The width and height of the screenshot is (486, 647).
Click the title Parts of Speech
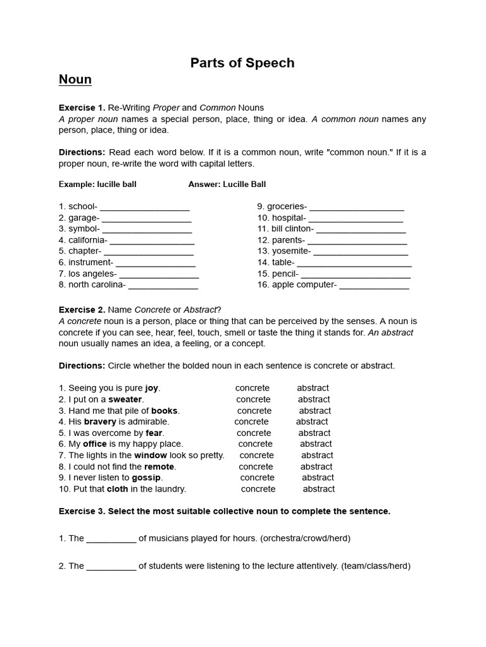click(x=242, y=63)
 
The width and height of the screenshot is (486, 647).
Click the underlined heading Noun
click(x=75, y=80)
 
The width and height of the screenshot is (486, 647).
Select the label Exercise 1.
click(x=82, y=107)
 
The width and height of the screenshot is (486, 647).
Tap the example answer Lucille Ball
click(x=244, y=184)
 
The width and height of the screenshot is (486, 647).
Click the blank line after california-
click(x=152, y=240)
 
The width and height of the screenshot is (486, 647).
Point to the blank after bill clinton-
click(x=361, y=229)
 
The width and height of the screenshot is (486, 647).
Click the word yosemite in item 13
click(x=291, y=251)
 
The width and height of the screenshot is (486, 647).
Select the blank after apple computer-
click(x=374, y=285)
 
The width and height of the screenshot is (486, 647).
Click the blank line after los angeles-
click(x=159, y=274)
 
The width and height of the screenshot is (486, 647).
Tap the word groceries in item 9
click(x=287, y=207)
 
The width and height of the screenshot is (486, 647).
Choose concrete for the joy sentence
click(x=252, y=388)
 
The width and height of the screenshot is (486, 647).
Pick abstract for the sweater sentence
click(x=314, y=399)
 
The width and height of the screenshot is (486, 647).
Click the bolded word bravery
click(x=100, y=421)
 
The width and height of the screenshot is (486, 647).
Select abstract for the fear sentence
click(x=315, y=433)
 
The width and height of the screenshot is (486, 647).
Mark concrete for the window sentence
click(x=257, y=455)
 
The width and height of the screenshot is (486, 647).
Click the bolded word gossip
click(x=146, y=478)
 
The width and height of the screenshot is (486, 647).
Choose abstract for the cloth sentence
click(x=319, y=489)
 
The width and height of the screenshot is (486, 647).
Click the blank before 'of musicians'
click(x=111, y=538)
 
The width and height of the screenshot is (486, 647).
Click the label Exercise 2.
click(x=82, y=310)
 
